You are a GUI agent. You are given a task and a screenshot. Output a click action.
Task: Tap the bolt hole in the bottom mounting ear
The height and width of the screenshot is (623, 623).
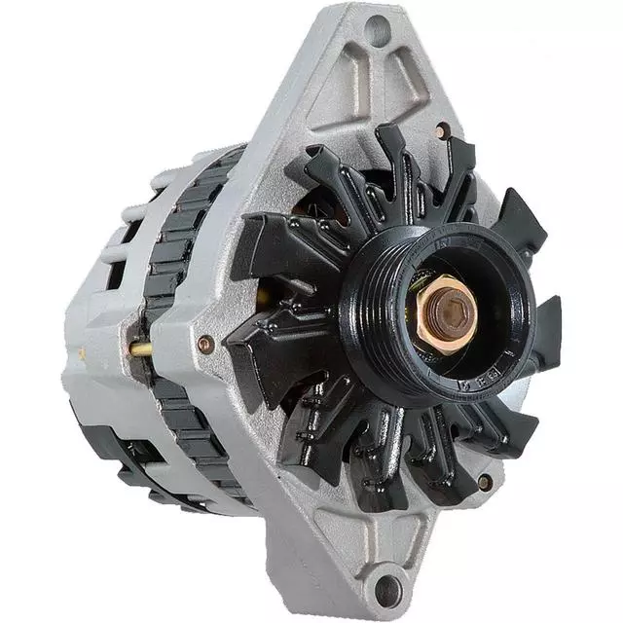point(388,588)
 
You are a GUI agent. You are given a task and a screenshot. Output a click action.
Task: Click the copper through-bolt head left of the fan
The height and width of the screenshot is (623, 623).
point(205,343)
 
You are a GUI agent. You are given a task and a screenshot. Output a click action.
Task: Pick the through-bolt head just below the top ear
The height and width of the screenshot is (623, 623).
point(443,130)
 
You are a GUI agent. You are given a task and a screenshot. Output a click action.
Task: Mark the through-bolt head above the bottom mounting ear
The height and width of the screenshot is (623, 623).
point(484,481)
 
